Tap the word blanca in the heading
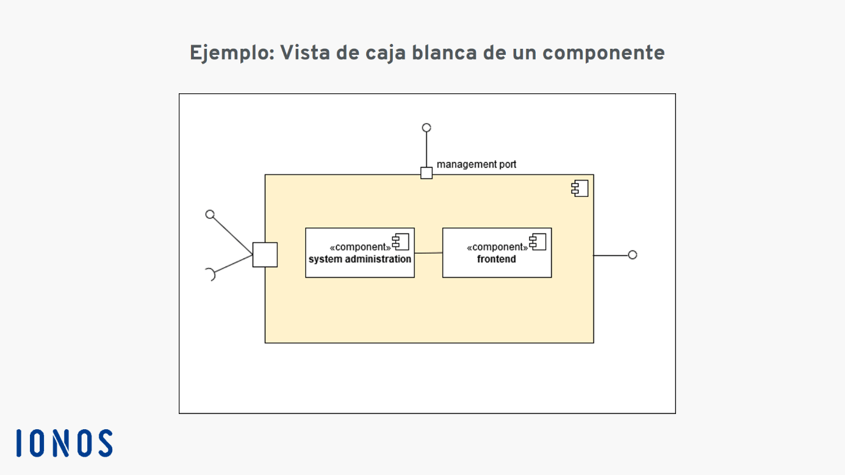pos(444,52)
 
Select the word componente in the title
pos(603,54)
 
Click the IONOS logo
pos(65,443)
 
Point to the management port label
pos(476,165)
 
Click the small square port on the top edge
pos(426,173)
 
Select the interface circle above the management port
pos(426,128)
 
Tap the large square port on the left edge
pos(265,255)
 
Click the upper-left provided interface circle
pos(210,215)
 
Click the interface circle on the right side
pos(633,255)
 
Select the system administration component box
pos(360,253)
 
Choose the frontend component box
pos(497,253)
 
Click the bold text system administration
pos(360,259)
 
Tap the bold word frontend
pos(497,259)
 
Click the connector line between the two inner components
pos(428,253)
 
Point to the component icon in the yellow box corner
pos(580,188)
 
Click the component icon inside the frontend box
pos(538,242)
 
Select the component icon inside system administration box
pos(401,242)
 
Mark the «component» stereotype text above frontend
pos(497,248)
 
